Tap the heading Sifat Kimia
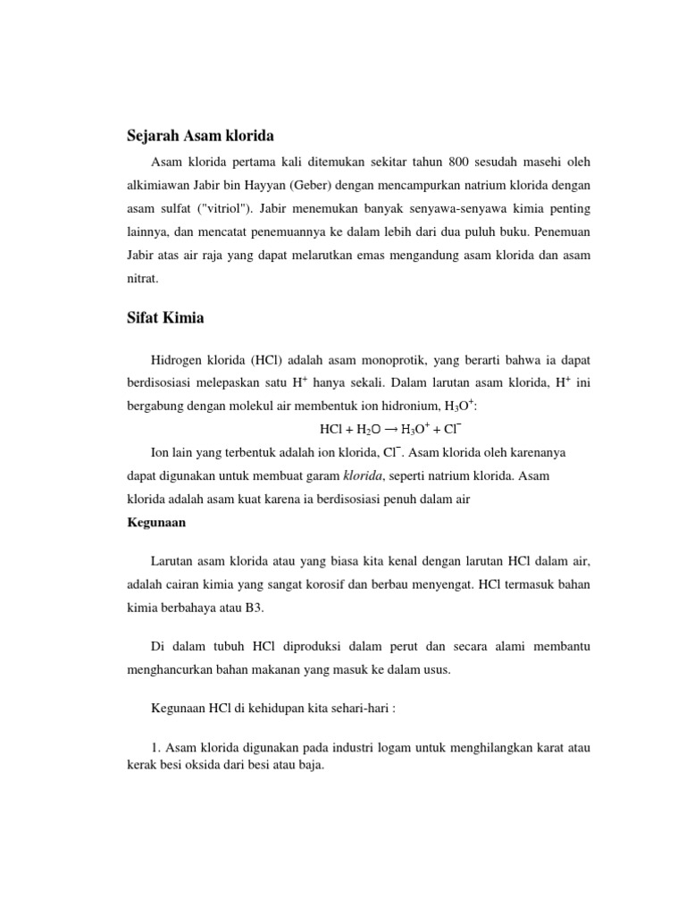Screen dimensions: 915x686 click(166, 317)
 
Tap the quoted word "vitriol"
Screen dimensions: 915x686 click(213, 208)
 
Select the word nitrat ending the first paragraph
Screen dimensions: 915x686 click(143, 278)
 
